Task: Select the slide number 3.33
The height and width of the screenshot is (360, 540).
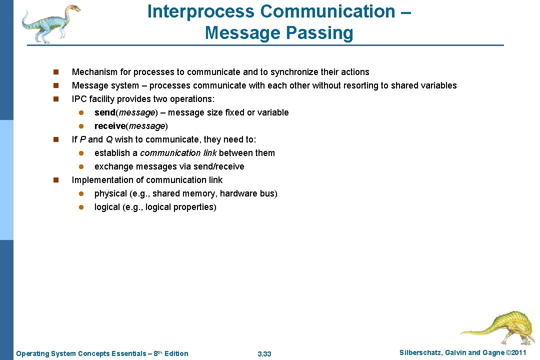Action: click(264, 354)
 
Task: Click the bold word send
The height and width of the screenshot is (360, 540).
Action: click(104, 112)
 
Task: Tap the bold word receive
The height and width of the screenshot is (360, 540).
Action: click(109, 126)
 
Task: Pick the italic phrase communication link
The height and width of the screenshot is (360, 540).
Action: click(178, 153)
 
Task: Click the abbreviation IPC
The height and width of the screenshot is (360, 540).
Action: click(79, 99)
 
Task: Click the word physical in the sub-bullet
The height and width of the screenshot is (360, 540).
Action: click(107, 193)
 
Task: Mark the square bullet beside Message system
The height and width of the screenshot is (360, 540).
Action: click(56, 85)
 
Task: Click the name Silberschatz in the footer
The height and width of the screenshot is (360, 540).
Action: click(421, 353)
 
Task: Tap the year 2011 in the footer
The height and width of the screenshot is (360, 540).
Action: click(518, 353)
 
